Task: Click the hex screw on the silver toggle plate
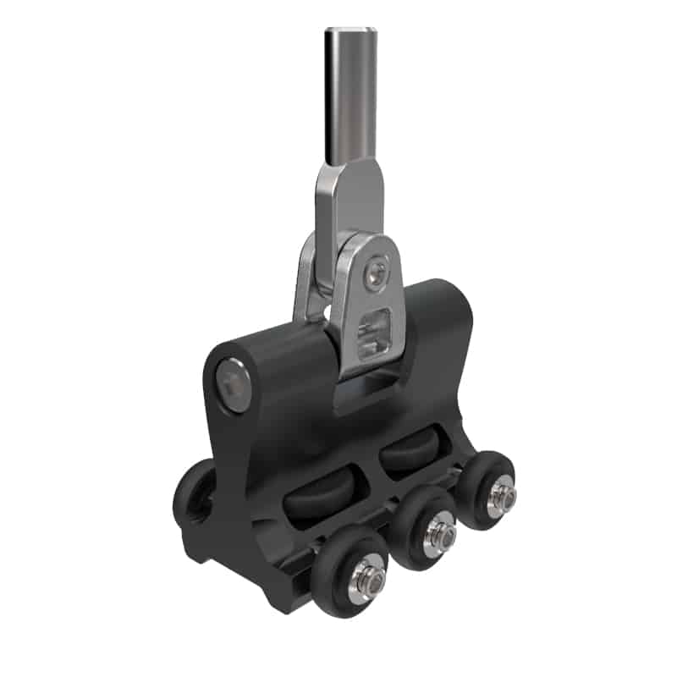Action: pos(377,272)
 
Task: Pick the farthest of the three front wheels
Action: pos(488,491)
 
